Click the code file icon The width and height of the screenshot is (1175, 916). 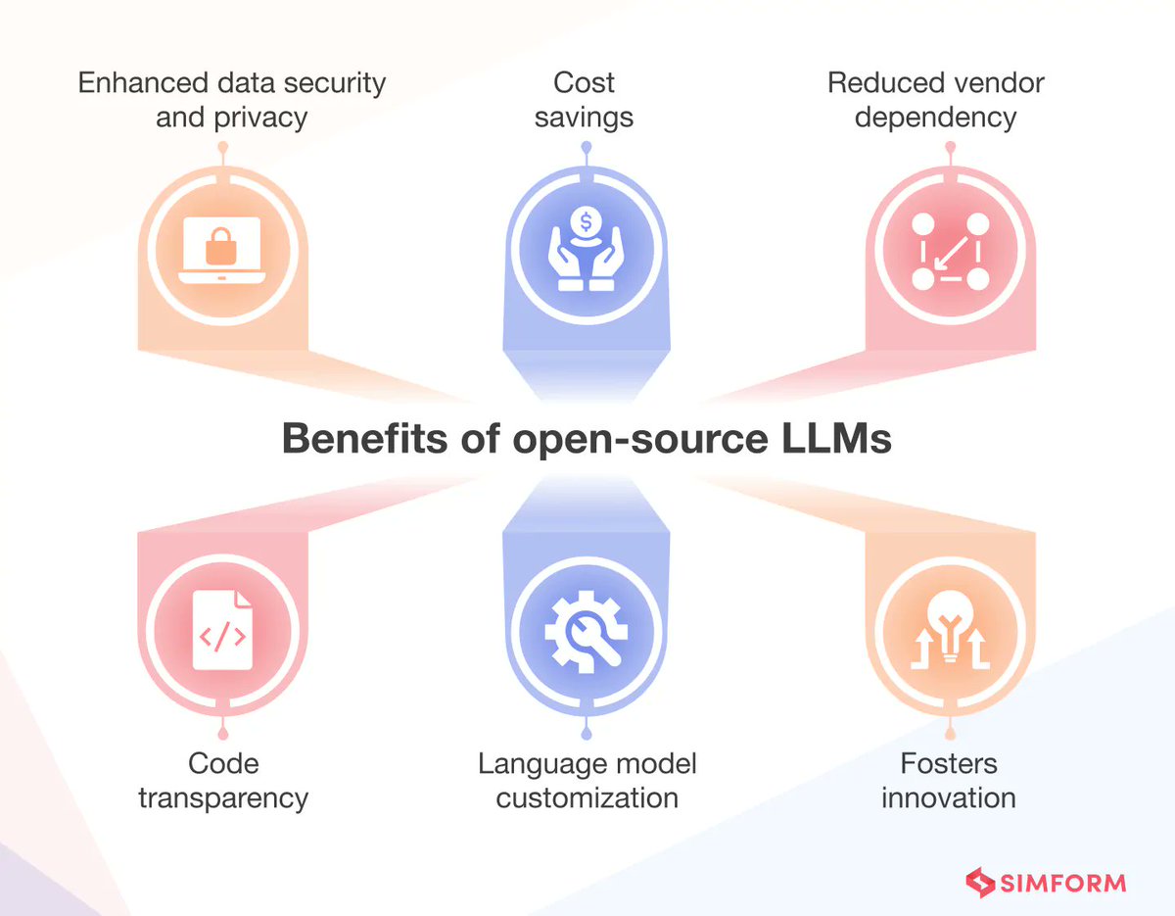(222, 628)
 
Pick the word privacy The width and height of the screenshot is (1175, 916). (259, 118)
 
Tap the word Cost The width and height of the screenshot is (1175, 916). (586, 82)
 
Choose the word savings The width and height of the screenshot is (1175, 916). (586, 118)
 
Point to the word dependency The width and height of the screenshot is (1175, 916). (936, 118)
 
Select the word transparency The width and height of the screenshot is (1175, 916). (223, 797)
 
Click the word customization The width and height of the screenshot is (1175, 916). (587, 797)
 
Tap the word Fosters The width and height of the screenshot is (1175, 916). (949, 763)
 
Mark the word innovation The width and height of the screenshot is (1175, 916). (949, 797)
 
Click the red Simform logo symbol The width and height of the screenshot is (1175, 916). (980, 882)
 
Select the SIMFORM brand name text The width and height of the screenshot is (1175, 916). (1063, 883)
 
